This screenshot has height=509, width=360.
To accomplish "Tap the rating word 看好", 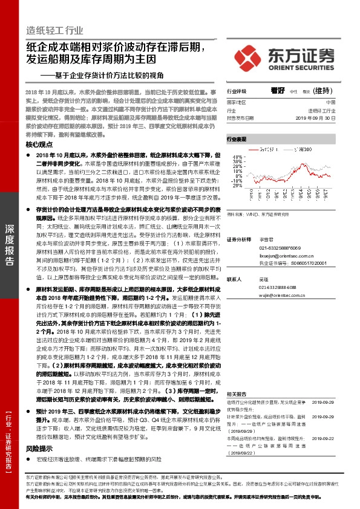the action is pyautogui.click(x=278, y=90).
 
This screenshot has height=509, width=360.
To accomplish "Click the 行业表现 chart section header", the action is pyautogui.click(x=237, y=139).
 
